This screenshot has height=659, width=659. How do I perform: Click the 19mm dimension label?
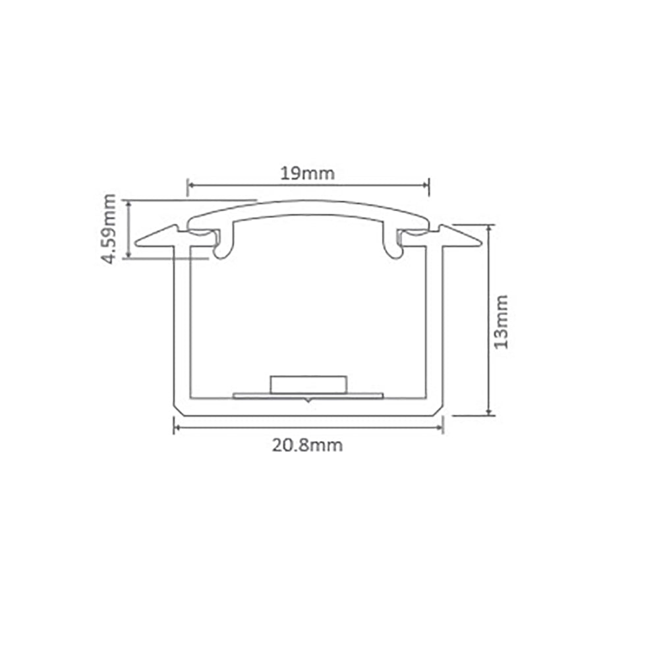[308, 173]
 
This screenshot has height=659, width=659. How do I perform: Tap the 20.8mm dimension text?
[307, 445]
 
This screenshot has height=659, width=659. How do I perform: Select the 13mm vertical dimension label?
[501, 322]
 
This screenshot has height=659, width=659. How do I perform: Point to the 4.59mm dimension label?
[109, 229]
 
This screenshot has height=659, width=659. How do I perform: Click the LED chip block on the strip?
[308, 385]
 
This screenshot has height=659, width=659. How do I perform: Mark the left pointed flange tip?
[136, 243]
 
